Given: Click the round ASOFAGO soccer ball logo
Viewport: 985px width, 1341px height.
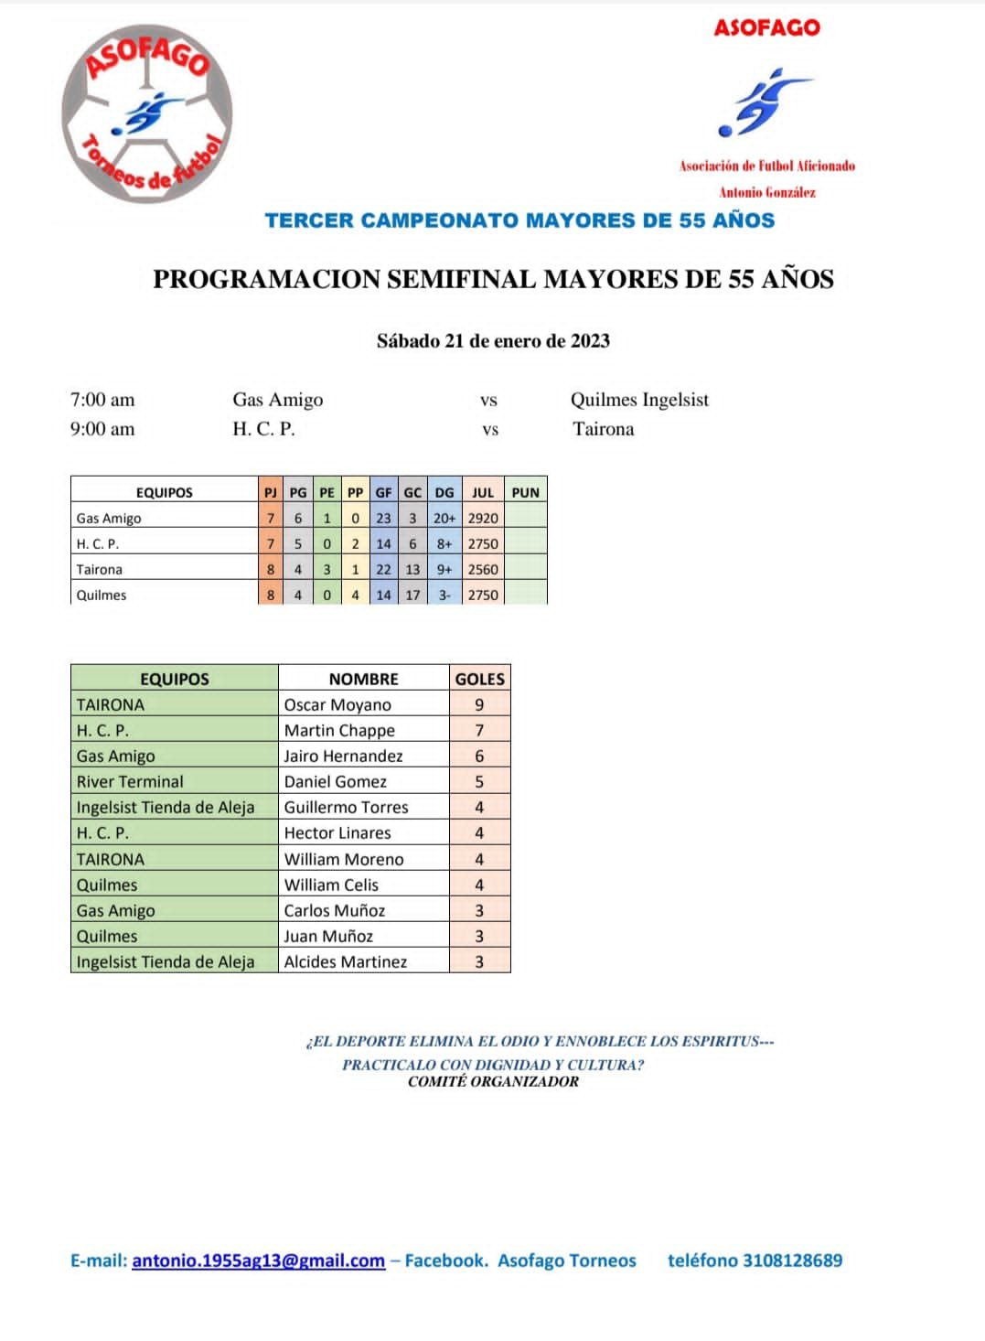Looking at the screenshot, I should [x=147, y=114].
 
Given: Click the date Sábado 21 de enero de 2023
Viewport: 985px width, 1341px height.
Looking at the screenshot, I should [x=493, y=341].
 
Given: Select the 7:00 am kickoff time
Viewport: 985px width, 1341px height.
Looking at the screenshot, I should [x=102, y=400].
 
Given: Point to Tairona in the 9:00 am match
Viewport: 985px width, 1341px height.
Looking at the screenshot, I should [x=603, y=429].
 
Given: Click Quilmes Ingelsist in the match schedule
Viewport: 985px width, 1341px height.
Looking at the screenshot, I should [x=639, y=400].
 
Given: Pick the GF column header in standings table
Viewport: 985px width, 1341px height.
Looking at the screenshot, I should [x=383, y=492].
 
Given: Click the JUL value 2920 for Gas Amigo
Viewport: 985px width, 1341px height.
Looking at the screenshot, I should [x=483, y=518].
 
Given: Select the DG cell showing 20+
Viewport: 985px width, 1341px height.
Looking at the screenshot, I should [x=444, y=518].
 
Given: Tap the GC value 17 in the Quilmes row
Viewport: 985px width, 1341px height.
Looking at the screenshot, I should [x=412, y=595].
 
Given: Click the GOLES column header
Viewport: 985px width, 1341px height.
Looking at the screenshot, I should [x=480, y=679].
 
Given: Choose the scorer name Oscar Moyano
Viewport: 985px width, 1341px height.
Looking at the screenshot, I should [x=337, y=704].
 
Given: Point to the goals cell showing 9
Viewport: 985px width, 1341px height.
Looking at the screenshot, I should [x=479, y=704].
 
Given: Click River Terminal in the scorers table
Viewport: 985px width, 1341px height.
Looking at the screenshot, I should [x=130, y=781].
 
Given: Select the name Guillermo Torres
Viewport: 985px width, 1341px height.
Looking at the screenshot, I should [x=346, y=807].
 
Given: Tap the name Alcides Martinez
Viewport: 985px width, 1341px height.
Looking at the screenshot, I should [x=345, y=961].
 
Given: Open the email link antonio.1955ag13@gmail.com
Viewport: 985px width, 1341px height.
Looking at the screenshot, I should [x=258, y=1261].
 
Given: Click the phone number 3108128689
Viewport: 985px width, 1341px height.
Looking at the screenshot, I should [x=792, y=1261].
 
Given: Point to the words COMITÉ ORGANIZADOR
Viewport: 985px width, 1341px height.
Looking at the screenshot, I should [x=493, y=1081].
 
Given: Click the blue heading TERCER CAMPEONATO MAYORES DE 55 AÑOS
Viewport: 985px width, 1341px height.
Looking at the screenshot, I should [x=519, y=220].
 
